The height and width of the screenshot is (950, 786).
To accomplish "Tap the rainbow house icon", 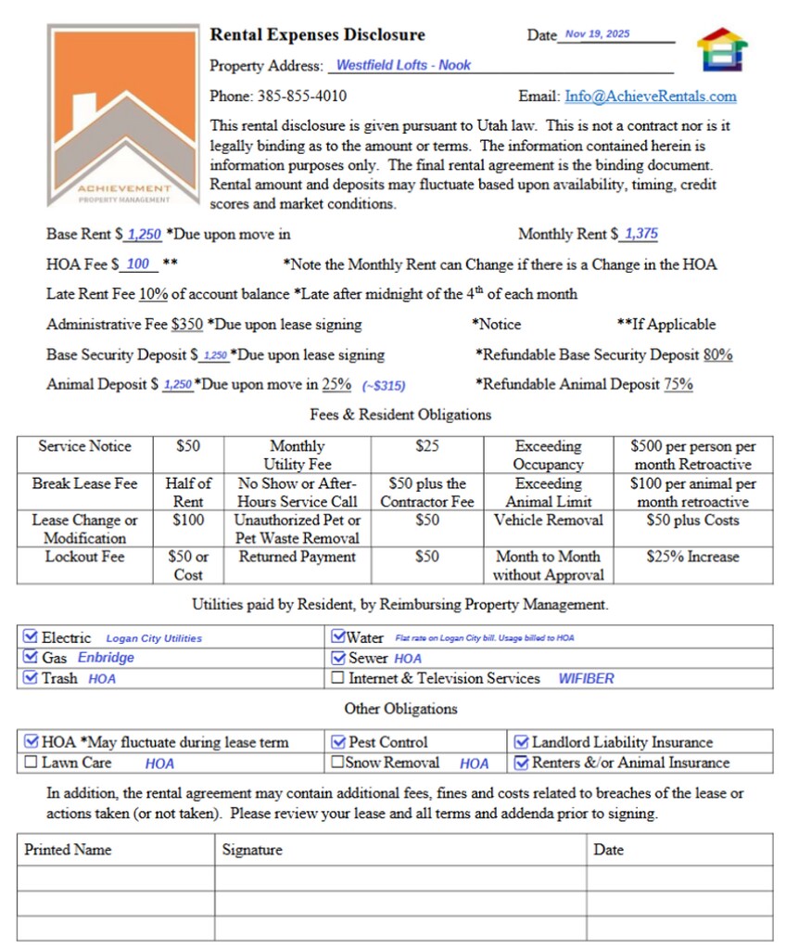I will click(x=722, y=49).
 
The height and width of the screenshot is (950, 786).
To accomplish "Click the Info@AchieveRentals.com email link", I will click(x=651, y=96).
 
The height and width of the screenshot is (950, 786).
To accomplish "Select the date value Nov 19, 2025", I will click(x=597, y=34).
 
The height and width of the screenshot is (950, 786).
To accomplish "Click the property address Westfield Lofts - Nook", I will click(x=403, y=65).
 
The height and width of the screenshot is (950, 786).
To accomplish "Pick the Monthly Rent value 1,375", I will click(x=641, y=235).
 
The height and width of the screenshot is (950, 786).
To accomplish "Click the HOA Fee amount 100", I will click(x=138, y=264).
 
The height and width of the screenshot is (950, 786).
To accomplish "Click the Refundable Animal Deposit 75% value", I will click(x=678, y=384).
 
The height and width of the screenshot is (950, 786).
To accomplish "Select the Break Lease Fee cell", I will click(x=84, y=484).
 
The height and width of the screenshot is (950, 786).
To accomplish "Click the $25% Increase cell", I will click(x=692, y=557).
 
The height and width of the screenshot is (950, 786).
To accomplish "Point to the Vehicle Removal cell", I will click(x=548, y=520).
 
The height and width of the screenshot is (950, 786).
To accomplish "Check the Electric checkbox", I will click(x=31, y=637).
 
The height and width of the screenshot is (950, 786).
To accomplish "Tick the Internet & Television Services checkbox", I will click(x=338, y=678).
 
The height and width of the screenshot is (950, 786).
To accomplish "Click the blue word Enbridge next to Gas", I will click(x=106, y=658).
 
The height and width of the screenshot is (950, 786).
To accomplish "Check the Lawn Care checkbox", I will click(x=31, y=763).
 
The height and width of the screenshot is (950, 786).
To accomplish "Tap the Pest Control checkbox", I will click(x=338, y=742).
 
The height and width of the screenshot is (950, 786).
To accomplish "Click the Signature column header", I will click(x=252, y=850).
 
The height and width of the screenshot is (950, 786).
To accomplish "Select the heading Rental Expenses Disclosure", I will click(x=317, y=35).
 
